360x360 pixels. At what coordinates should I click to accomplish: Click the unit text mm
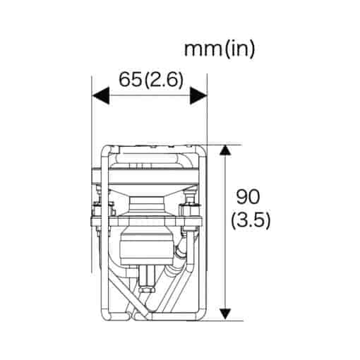(x=204, y=49)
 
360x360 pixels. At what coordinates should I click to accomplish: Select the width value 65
(x=131, y=80)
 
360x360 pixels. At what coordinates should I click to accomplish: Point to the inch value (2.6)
(x=164, y=80)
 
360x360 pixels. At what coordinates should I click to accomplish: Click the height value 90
(x=248, y=197)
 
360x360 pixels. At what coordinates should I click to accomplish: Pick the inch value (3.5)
(x=251, y=221)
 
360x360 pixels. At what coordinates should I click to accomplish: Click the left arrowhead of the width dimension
(x=101, y=95)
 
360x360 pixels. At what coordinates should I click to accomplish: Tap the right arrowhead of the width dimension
(x=198, y=95)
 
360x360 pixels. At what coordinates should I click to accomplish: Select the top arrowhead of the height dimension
(x=225, y=150)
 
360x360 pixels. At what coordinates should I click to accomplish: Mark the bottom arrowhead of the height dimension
(x=225, y=314)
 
